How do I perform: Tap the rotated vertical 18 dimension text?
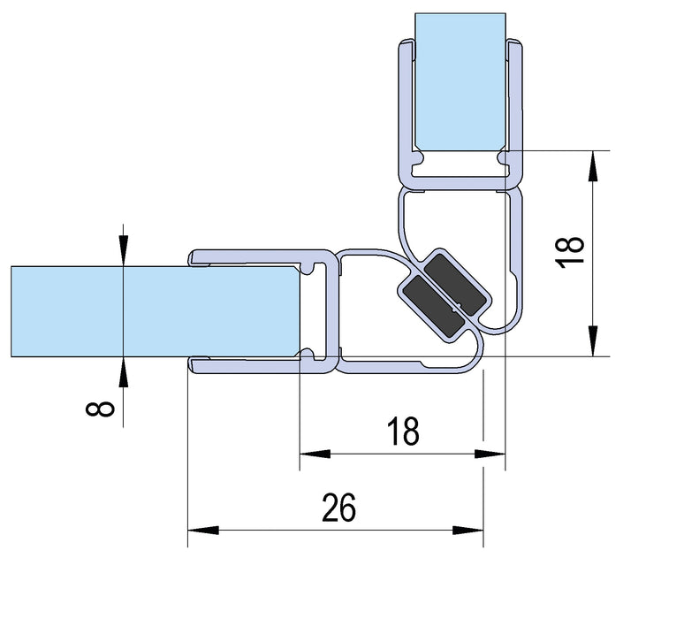(x=572, y=252)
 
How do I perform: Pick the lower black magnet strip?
(x=428, y=306)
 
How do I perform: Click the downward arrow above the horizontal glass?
(x=123, y=250)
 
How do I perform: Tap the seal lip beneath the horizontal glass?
(x=247, y=366)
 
